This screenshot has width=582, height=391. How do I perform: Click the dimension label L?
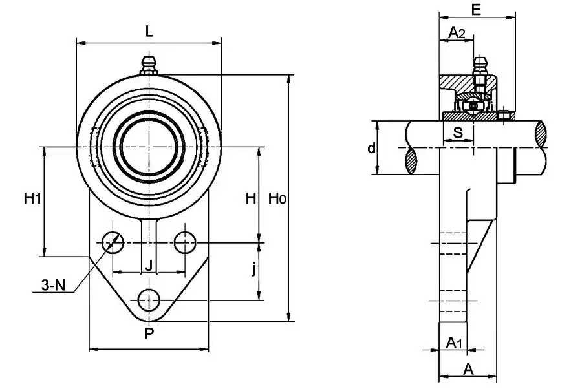(149, 30)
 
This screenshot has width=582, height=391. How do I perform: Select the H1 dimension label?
(32, 198)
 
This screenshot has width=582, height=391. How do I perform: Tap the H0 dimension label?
(277, 198)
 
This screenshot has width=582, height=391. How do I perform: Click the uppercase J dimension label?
(149, 265)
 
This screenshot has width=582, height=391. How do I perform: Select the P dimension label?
(149, 333)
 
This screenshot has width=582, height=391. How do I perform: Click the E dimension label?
(477, 9)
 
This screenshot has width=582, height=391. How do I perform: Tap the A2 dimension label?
(457, 32)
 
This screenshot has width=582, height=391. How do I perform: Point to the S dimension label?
(458, 133)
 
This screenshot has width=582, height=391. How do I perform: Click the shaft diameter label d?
(371, 149)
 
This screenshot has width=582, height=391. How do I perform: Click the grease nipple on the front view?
(149, 65)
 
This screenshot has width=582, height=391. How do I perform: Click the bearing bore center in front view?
(149, 146)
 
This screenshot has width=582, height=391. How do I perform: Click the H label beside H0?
(251, 198)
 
